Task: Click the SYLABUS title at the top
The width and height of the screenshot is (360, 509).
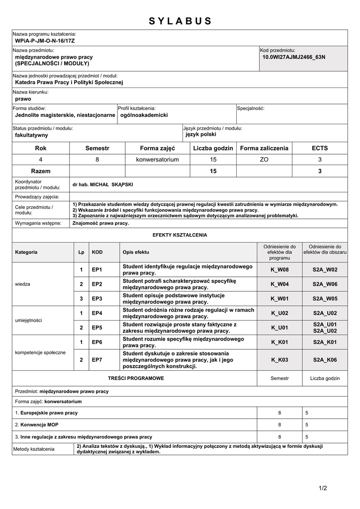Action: [x=180, y=21]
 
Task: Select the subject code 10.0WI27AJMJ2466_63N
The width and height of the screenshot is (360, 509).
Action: [x=293, y=57]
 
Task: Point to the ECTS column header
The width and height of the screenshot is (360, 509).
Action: [x=320, y=148]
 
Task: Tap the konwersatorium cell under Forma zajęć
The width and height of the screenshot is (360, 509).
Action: [x=157, y=160]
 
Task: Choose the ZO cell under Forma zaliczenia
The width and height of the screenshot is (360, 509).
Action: [x=264, y=160]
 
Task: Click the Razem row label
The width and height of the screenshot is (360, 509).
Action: [x=41, y=171]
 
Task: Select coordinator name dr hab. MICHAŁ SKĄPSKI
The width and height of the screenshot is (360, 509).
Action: [x=103, y=184]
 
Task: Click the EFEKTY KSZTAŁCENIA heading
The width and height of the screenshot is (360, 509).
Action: [x=180, y=235]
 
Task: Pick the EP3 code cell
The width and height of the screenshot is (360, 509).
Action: [x=97, y=298]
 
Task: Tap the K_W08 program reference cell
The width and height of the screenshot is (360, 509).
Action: [x=279, y=269]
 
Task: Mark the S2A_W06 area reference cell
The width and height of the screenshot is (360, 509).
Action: [x=325, y=284]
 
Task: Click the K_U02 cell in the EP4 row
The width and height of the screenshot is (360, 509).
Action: [x=279, y=313]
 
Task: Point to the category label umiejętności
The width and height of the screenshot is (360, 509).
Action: [x=30, y=320]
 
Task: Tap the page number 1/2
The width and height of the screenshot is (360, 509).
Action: [x=323, y=488]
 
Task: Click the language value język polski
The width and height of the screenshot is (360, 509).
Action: [x=201, y=134]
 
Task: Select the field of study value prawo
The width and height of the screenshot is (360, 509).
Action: [x=23, y=99]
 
